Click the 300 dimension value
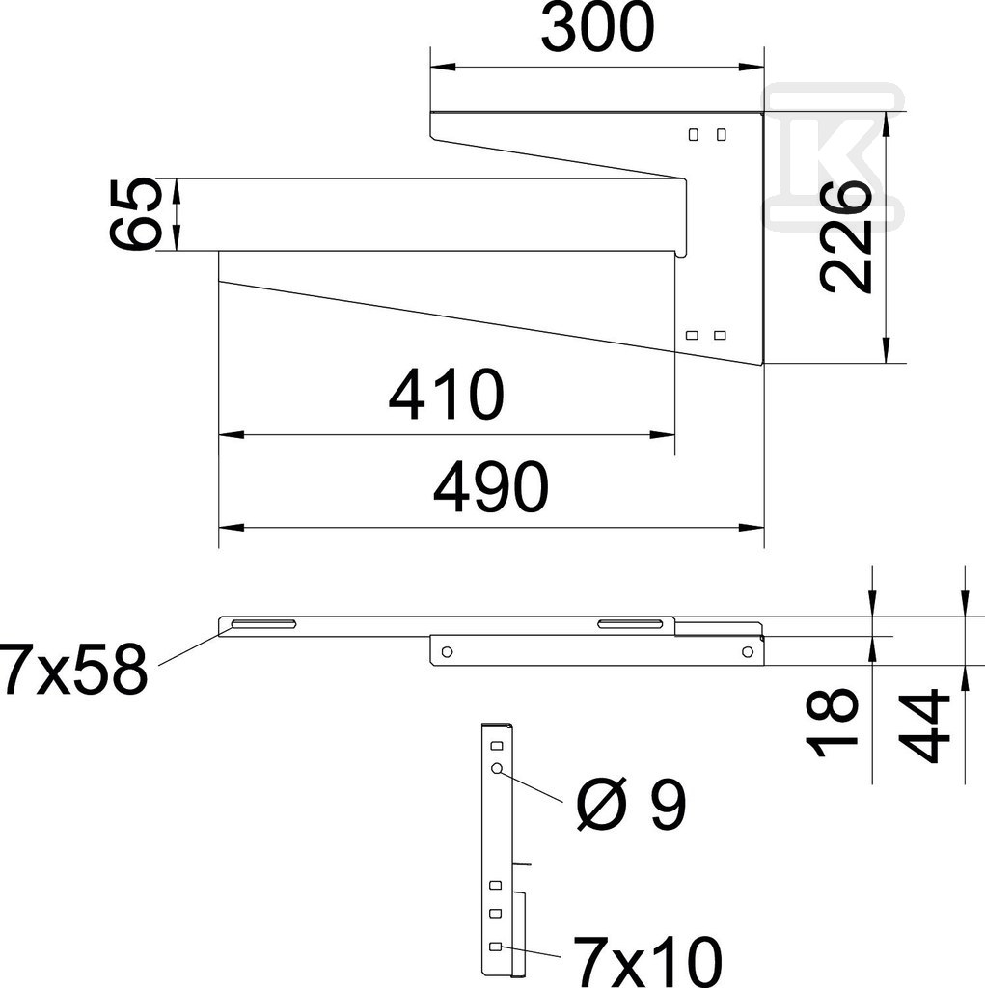pos(597,28)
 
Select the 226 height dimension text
pos(846,236)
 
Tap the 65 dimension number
pos(133,214)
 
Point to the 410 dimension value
pos(446,395)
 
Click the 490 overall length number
pos(491,487)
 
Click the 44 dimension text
pos(925,726)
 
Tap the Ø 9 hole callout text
pos(631,805)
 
